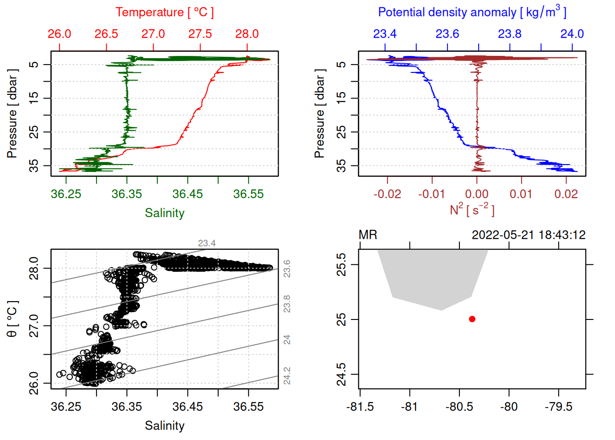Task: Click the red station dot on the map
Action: coord(472,319)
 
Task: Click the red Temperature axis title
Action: coord(164,12)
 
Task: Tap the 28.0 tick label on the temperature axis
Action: coord(247,34)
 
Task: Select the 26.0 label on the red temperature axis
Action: coord(59,34)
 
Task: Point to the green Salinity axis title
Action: coord(164,213)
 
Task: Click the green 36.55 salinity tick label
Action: coord(248,194)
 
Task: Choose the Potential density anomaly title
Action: coord(472,12)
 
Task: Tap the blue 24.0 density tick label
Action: coord(572,34)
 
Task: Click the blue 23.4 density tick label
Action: coord(385,34)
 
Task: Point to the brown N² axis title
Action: coord(472,210)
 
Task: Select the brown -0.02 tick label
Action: coord(387,194)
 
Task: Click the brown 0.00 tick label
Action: coord(477,194)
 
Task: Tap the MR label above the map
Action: coord(368,235)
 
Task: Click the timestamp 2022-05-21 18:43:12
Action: coord(529,235)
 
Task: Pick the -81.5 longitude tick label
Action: coord(360,407)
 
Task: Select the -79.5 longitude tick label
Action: coord(558,407)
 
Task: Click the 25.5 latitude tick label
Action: coord(341,264)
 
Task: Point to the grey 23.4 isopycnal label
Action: coord(207,243)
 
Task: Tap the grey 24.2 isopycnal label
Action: coord(287,376)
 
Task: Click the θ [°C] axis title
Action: coord(12,319)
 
